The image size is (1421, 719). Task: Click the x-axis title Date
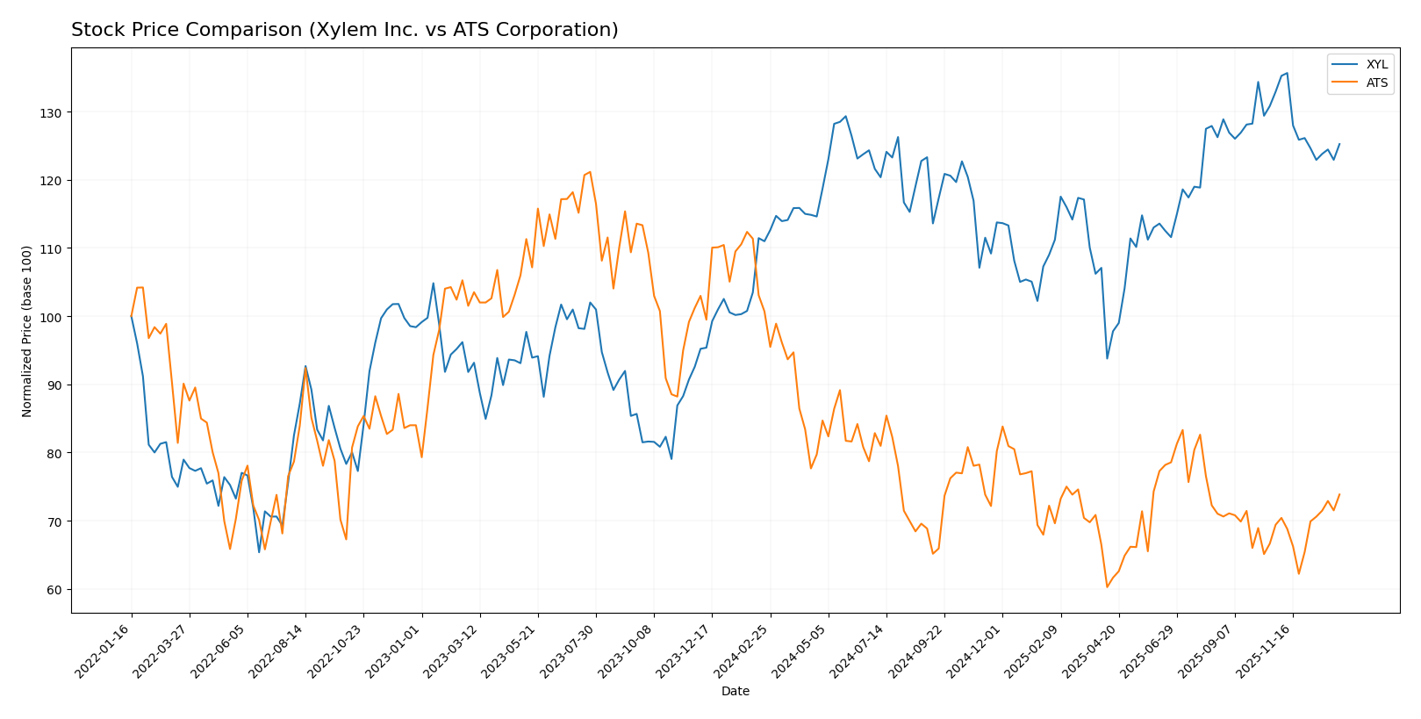735,692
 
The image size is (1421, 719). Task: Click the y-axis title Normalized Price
27,331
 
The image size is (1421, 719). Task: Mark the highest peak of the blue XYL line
1287,73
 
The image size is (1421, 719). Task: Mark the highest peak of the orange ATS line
590,171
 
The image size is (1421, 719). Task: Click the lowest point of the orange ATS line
1107,587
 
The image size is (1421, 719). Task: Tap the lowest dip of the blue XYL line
259,552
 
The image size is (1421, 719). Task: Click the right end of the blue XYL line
1339,144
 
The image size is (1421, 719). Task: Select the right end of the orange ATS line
1339,494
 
